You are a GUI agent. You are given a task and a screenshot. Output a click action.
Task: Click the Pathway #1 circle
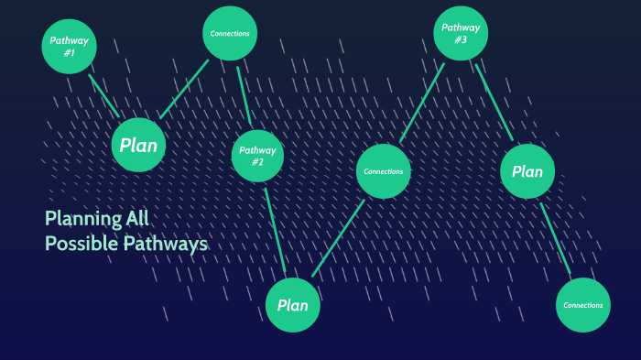point(69,46)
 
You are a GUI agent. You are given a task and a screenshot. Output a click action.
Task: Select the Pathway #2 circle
point(257,156)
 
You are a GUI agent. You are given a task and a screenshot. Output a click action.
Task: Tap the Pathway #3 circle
point(461,33)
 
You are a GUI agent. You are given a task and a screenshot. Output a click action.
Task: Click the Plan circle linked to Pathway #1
point(138,145)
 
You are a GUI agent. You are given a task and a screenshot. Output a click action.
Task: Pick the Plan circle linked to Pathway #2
point(293,305)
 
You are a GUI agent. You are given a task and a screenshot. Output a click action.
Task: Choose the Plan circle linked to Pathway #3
point(527,171)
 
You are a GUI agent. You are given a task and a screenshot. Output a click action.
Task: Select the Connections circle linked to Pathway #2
point(230,33)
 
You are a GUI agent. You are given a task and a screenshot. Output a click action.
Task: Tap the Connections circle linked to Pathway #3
point(384,171)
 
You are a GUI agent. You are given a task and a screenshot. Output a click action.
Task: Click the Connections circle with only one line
point(583,305)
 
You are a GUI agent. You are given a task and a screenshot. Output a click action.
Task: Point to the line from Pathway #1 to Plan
point(104,96)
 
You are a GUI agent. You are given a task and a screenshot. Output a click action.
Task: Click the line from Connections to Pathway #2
point(244,95)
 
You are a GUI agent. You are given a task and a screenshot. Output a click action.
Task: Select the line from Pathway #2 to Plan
point(275,230)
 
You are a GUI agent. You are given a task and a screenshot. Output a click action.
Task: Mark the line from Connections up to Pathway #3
point(422,103)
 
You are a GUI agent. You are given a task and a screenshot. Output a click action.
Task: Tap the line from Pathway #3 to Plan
point(494,103)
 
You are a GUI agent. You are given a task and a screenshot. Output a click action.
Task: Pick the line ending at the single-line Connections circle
point(555,238)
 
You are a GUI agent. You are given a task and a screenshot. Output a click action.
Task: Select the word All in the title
point(137,218)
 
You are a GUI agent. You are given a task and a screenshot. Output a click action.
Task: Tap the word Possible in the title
point(81,243)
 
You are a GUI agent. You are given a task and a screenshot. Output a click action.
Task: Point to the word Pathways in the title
point(166,245)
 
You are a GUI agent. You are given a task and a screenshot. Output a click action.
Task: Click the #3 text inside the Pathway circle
point(461,39)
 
